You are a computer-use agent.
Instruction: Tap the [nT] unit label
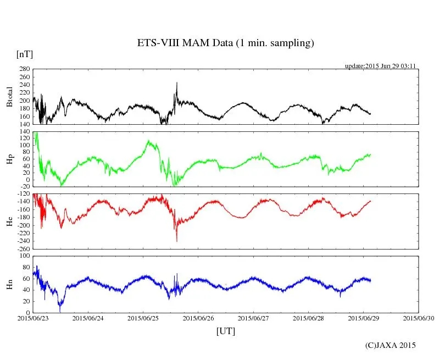click(x=24, y=54)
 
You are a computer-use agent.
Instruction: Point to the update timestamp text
click(x=380, y=66)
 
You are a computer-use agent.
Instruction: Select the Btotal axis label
click(x=9, y=97)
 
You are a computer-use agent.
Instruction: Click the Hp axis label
click(x=9, y=159)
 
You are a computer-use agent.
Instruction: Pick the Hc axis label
click(x=9, y=221)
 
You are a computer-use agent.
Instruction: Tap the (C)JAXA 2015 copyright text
click(x=391, y=345)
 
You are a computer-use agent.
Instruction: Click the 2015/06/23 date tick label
click(x=34, y=318)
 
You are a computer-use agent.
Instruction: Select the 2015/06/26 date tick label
click(x=198, y=318)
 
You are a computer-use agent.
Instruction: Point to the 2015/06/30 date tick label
click(x=419, y=318)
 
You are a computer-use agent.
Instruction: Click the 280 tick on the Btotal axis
click(x=24, y=70)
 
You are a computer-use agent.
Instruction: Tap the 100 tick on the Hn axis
click(x=24, y=256)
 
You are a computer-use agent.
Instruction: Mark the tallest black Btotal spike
click(x=177, y=83)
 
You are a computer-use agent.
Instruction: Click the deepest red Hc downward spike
click(x=177, y=241)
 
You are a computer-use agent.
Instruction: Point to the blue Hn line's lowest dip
click(x=60, y=311)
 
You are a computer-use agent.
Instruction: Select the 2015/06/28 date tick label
click(x=309, y=318)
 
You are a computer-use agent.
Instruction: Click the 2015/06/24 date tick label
click(x=88, y=318)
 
